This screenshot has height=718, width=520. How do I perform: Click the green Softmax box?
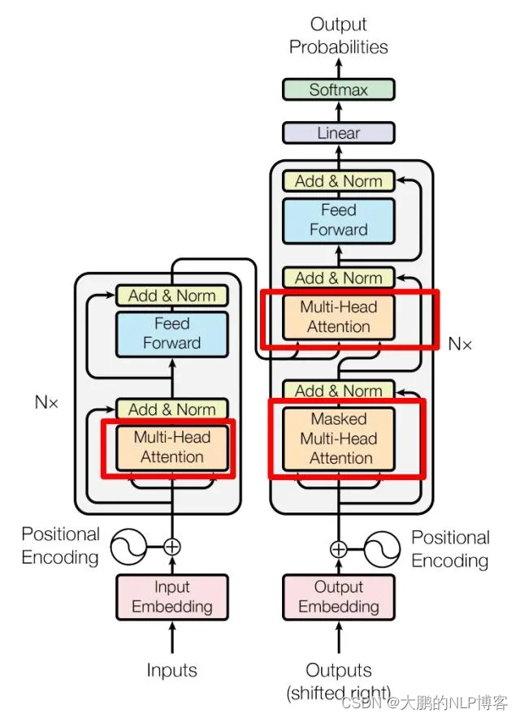coord(338,89)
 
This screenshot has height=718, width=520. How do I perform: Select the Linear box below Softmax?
coord(338,132)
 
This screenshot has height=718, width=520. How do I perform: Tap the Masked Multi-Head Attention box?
coord(339,439)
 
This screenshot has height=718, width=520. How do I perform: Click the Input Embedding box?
coord(171,597)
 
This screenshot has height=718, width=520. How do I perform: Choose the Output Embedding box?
coord(339,597)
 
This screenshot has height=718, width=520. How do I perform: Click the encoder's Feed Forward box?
coord(171,334)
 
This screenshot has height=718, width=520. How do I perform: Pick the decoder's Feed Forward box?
coord(339,220)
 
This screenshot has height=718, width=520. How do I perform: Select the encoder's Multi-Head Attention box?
coord(171,448)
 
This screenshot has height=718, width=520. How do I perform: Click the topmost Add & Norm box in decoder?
coord(339,181)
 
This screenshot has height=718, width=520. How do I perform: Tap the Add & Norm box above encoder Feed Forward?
coord(171,296)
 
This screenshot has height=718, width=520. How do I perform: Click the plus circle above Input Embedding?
coord(172,547)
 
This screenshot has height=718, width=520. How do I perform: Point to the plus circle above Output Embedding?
coord(339,548)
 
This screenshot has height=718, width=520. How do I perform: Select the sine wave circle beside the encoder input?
coord(128,547)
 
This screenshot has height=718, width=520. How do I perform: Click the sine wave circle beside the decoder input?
coord(382,549)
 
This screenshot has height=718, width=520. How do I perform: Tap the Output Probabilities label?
coord(339,36)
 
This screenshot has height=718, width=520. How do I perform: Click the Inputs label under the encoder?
coord(171,670)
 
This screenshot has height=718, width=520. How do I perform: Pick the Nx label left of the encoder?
coord(46,402)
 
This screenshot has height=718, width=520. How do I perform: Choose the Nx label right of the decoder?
coord(460,344)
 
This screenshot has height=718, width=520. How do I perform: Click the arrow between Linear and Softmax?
coord(339,111)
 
